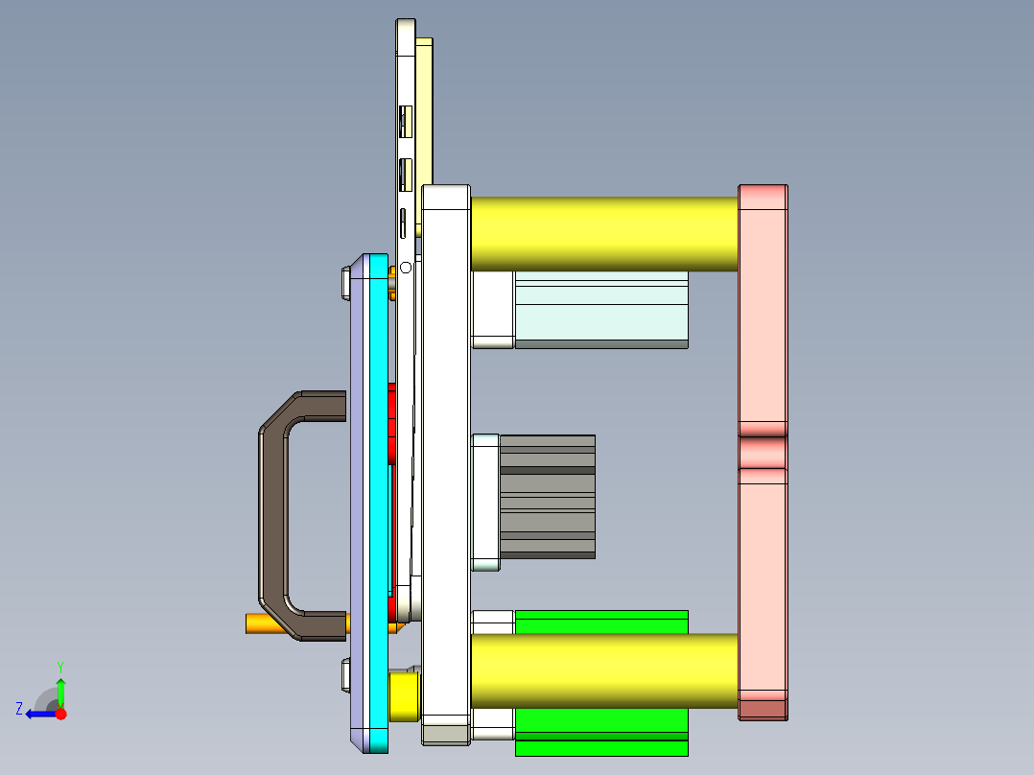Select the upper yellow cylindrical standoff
click(x=604, y=234)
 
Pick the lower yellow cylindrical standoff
click(x=604, y=671)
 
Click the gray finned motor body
click(x=547, y=497)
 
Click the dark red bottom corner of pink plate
click(x=763, y=710)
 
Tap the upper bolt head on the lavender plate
click(x=344, y=283)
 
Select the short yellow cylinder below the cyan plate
click(x=404, y=695)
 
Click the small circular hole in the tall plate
click(x=406, y=267)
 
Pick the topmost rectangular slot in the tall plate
click(x=405, y=119)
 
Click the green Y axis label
click(x=59, y=666)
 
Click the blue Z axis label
click(x=19, y=709)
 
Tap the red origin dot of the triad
click(x=60, y=714)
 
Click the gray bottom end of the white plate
click(x=446, y=735)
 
